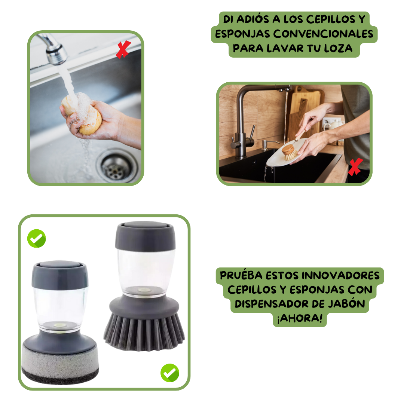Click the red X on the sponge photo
123,50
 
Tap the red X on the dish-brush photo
355,167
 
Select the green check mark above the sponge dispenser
37,238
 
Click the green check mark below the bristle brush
170,373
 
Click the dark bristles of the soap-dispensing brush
144,331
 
